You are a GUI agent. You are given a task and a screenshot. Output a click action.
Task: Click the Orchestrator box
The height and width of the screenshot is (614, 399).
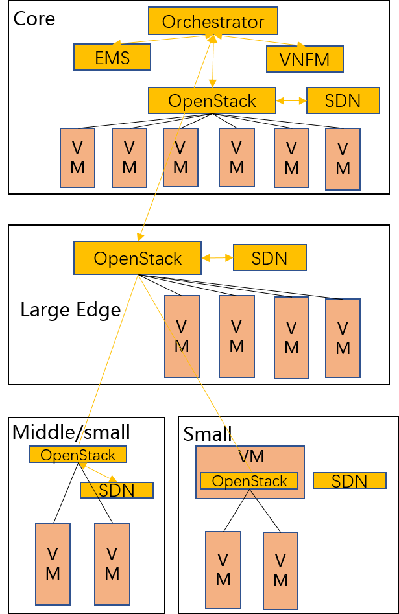point(213,21)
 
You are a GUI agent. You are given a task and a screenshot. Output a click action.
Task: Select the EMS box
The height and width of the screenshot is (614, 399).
point(112,58)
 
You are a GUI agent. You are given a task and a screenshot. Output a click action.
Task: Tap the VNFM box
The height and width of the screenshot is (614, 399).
point(304,60)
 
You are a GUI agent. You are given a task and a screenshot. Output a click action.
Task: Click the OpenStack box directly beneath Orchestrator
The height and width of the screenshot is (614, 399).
point(212,100)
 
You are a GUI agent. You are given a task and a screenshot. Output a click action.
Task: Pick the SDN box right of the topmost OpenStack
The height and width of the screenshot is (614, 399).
point(343,100)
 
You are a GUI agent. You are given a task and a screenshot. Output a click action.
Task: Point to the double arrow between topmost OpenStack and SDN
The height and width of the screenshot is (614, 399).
point(291,100)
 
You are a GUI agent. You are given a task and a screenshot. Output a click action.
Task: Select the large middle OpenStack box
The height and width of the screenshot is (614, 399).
point(138,258)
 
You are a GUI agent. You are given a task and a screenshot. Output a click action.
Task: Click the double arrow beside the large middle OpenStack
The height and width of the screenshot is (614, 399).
point(217,258)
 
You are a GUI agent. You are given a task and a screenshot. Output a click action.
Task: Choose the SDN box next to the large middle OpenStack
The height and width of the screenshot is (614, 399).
point(269,258)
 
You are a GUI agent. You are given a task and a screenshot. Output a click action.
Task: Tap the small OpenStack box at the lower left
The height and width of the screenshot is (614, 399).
point(78,455)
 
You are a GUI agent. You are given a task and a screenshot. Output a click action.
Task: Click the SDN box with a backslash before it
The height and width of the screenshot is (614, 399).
point(117,491)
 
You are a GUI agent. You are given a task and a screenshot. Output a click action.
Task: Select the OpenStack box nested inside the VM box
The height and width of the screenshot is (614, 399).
point(249,481)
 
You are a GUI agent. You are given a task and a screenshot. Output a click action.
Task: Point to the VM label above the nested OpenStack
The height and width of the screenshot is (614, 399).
point(251,456)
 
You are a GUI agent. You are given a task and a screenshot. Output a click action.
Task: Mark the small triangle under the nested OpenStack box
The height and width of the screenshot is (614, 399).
point(250,495)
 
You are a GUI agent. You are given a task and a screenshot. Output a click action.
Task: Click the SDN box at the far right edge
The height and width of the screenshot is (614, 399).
point(350,481)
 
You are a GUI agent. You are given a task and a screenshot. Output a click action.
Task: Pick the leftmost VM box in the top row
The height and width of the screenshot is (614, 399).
point(77,158)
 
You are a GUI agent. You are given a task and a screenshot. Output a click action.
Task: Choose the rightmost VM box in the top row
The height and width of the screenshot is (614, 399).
point(343,159)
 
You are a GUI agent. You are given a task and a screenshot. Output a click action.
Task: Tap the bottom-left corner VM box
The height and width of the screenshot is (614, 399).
point(53,564)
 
